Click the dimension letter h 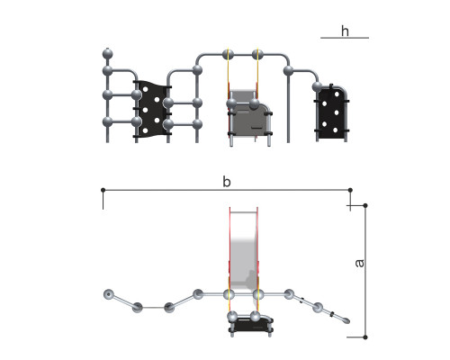click(x=345, y=31)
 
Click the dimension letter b click(x=227, y=182)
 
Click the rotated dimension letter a click(x=359, y=263)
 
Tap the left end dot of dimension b click(x=103, y=190)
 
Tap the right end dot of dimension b click(x=350, y=190)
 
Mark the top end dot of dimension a click(x=365, y=205)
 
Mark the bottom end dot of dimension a click(x=365, y=337)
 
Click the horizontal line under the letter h click(x=345, y=38)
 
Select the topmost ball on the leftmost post click(x=107, y=54)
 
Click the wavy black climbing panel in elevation click(x=151, y=109)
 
